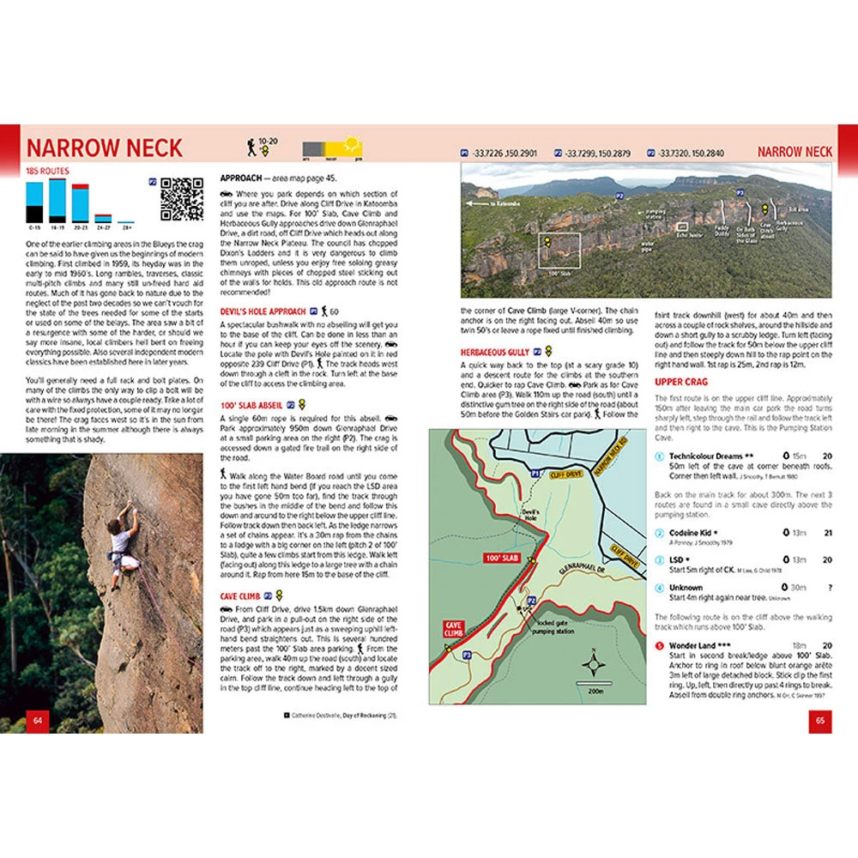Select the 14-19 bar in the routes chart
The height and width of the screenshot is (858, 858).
[57, 200]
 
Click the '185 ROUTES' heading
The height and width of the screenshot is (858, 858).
[47, 171]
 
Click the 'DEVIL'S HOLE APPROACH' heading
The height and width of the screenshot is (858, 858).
[263, 311]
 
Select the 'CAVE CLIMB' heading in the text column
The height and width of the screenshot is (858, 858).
[240, 595]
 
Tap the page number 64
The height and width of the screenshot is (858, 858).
[37, 718]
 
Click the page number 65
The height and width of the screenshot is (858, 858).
[819, 718]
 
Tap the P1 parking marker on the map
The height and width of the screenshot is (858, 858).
[534, 473]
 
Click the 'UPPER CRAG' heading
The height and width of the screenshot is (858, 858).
[681, 381]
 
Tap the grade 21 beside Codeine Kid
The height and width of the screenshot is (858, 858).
[827, 532]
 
